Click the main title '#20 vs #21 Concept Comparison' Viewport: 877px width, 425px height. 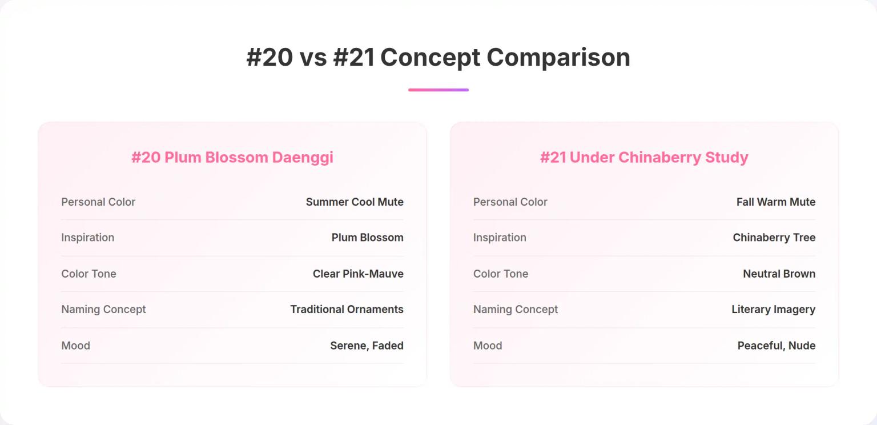point(438,58)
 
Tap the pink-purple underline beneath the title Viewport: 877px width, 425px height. point(438,90)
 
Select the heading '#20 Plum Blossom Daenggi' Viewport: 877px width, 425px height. point(232,158)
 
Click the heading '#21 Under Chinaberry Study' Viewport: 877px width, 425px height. point(644,158)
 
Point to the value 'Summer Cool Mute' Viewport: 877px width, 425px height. point(355,202)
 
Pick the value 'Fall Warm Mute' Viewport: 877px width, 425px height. point(776,202)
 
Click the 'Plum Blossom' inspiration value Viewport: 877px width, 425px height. point(367,238)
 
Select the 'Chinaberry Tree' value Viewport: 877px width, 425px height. point(774,238)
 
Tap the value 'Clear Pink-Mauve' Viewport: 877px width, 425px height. point(358,274)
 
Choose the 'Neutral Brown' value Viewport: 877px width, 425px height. point(779,274)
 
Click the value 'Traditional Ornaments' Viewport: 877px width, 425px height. point(347,309)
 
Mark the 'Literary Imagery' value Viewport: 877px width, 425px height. point(773,309)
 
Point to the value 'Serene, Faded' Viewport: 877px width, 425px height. point(367,346)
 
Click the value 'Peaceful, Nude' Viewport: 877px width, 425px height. point(777,346)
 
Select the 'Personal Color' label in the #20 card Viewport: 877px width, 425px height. point(98,202)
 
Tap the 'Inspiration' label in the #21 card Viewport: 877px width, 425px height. point(500,238)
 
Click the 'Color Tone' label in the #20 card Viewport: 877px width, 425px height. point(88,274)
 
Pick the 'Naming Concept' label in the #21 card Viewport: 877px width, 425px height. point(515,309)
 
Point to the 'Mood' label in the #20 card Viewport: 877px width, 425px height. point(75,346)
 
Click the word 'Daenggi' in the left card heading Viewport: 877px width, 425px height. point(303,158)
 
